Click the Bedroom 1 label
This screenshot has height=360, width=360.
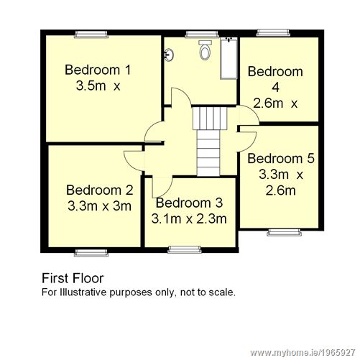pyautogui.click(x=98, y=70)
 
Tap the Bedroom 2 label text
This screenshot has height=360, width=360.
pyautogui.click(x=99, y=190)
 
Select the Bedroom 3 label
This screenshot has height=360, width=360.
pyautogui.click(x=190, y=203)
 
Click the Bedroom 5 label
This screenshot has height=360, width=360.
pyautogui.click(x=281, y=158)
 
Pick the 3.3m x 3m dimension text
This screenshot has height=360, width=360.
pyautogui.click(x=99, y=206)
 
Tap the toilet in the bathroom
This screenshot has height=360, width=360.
pyautogui.click(x=206, y=50)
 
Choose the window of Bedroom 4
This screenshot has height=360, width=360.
pyautogui.click(x=271, y=32)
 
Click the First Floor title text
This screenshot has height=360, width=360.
pyautogui.click(x=73, y=278)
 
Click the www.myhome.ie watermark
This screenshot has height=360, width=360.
pyautogui.click(x=310, y=352)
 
